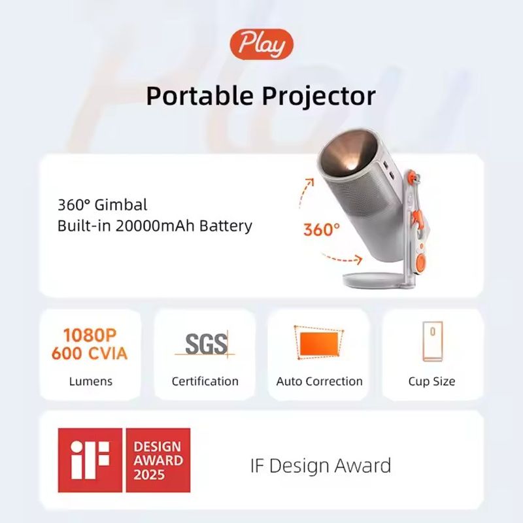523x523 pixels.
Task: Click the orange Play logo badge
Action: (x=261, y=44)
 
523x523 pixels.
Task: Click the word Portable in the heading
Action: (x=200, y=96)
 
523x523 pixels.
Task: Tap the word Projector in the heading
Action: (x=318, y=97)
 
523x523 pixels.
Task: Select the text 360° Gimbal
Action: (x=102, y=205)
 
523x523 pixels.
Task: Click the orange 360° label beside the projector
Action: (x=322, y=230)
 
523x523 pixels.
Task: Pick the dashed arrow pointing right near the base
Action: (x=342, y=259)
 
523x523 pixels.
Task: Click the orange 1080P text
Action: (x=90, y=335)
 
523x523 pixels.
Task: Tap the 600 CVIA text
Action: (x=90, y=354)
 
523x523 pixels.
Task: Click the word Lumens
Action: (x=90, y=381)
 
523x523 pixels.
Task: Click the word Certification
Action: (x=205, y=381)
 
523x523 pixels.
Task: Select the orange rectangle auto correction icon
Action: (x=319, y=344)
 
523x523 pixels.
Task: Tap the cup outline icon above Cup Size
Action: (x=432, y=341)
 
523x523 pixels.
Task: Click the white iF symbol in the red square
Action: (x=90, y=460)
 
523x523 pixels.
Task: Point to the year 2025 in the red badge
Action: (x=149, y=475)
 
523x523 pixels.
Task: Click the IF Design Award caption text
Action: (x=320, y=465)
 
